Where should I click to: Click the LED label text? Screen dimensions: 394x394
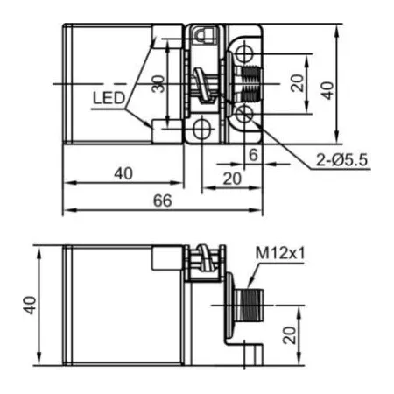(109, 98)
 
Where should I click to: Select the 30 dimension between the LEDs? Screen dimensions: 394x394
(158, 84)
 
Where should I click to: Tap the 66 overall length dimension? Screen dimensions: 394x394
(163, 201)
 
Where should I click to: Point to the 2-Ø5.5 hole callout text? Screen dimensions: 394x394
(341, 160)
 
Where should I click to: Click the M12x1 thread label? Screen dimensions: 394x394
(280, 253)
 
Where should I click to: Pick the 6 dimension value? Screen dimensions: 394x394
(253, 154)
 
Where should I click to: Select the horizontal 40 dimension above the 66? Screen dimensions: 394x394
(123, 173)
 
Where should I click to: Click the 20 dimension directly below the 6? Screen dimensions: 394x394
(232, 179)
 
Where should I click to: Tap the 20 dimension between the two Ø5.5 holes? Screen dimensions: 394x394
(298, 83)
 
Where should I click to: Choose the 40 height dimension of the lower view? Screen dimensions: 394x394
(30, 306)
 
